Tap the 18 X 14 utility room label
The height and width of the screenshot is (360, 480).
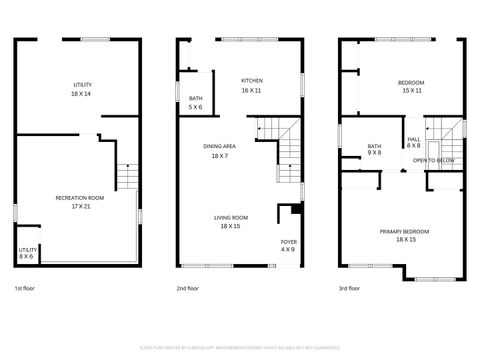click(x=81, y=89)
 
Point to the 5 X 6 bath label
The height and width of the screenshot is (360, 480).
click(x=196, y=102)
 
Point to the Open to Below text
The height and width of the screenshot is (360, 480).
click(x=434, y=160)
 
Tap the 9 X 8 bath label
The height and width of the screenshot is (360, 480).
click(x=374, y=149)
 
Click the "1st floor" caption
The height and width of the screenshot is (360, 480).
click(x=26, y=288)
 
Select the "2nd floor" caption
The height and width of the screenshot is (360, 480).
click(x=188, y=288)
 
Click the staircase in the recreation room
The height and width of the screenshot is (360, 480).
click(x=126, y=178)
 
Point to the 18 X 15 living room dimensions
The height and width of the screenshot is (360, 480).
click(x=231, y=227)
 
